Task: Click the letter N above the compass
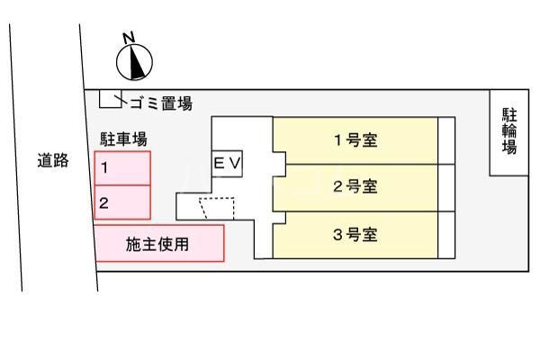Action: [129, 38]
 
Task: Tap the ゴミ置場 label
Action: [161, 103]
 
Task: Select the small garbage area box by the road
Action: [111, 99]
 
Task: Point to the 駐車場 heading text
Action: [123, 139]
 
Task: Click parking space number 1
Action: [122, 168]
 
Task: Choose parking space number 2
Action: [122, 202]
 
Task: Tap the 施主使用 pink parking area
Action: [159, 243]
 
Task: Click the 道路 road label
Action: [53, 160]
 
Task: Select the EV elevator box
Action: [227, 164]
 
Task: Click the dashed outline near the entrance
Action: [217, 209]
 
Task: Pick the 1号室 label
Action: [355, 140]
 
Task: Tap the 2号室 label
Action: [355, 186]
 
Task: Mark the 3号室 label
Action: [355, 235]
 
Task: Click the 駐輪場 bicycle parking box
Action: [509, 132]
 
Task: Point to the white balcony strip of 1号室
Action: [446, 140]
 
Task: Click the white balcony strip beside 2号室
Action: [446, 188]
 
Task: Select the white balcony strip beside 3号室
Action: [446, 235]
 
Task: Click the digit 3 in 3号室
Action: [337, 235]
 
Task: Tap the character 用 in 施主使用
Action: [181, 244]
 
